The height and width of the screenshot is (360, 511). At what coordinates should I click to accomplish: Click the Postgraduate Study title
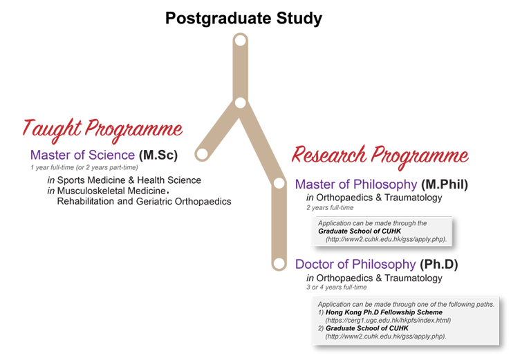click(x=243, y=18)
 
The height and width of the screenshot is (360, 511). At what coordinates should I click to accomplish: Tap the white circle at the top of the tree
click(x=241, y=41)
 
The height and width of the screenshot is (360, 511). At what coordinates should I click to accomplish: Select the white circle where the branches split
click(x=240, y=103)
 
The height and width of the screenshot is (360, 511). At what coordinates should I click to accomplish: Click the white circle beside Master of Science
click(x=202, y=153)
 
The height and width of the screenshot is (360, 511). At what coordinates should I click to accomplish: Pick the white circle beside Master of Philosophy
click(x=279, y=183)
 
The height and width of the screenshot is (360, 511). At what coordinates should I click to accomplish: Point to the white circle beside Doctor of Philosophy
click(x=279, y=263)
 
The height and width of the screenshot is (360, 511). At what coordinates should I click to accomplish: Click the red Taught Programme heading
click(x=102, y=131)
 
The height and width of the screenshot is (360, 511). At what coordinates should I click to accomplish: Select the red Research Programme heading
click(x=380, y=157)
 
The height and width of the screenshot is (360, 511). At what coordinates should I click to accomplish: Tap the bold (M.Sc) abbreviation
click(x=158, y=155)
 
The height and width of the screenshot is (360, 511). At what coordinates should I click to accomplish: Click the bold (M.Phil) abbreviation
click(x=445, y=184)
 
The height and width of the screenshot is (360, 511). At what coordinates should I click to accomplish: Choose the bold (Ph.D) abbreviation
click(x=438, y=264)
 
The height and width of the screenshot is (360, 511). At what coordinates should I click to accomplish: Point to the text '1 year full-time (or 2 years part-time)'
click(x=84, y=167)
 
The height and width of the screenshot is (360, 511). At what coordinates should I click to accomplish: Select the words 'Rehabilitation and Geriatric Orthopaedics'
click(x=144, y=201)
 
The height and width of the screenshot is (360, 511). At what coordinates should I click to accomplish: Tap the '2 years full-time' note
click(x=330, y=207)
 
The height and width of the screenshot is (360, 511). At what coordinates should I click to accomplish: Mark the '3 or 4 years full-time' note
click(x=336, y=287)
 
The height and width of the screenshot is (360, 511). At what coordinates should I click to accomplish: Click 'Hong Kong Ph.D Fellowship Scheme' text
click(x=384, y=312)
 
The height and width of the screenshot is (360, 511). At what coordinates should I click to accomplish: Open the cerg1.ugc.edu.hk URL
click(x=388, y=320)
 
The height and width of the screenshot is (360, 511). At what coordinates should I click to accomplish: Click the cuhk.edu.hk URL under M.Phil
click(x=386, y=240)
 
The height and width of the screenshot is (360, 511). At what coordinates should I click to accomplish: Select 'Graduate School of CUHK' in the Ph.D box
click(x=367, y=328)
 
